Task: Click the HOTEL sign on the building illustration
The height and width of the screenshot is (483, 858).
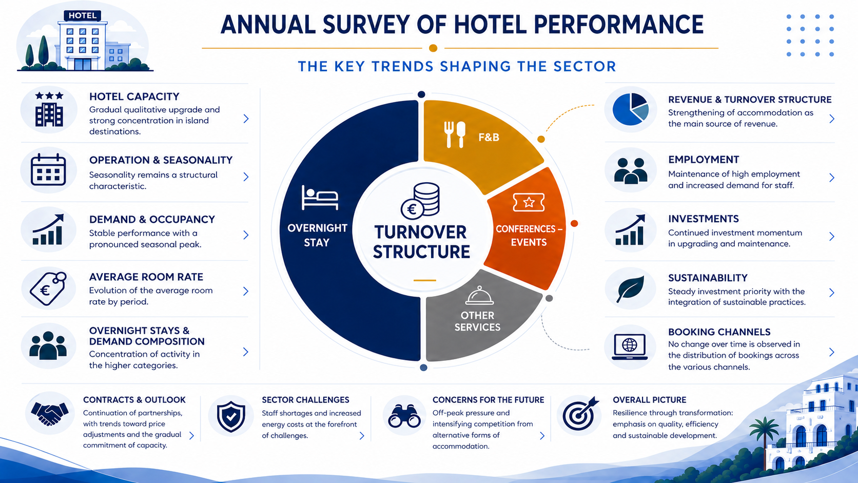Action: coord(82,16)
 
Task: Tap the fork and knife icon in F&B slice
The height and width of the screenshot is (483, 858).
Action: coord(455,134)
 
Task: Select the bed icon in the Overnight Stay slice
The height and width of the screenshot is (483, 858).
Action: coord(320,198)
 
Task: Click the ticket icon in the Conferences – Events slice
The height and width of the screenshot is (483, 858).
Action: coord(529,202)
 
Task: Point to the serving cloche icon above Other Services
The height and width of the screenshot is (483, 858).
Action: coord(479,296)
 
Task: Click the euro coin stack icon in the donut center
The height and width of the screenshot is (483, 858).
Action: coord(421,201)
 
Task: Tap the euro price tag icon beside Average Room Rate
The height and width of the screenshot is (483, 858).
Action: coord(48,289)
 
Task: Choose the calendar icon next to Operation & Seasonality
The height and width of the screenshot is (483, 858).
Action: coord(48,170)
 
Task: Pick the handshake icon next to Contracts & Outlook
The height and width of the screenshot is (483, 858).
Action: coord(49,414)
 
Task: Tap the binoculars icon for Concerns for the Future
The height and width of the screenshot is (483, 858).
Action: coord(404,416)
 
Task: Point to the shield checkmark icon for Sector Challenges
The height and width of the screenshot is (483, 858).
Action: coord(231,417)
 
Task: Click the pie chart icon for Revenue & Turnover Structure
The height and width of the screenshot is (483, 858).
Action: coord(631,109)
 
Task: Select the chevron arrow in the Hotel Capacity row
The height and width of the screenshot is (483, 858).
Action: coord(246,119)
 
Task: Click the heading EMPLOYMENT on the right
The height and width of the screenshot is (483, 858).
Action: coord(704,159)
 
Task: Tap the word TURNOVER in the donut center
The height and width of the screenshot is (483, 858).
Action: coord(420,232)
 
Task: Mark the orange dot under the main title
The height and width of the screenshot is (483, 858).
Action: coord(433,48)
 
